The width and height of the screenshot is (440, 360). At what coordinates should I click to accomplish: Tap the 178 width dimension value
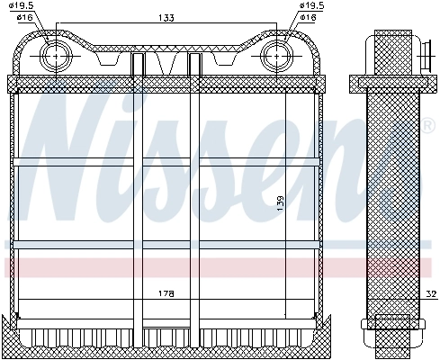click(x=164, y=294)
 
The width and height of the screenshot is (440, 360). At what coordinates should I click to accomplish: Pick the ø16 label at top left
click(x=24, y=17)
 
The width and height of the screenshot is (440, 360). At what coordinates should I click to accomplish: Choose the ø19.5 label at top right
click(x=309, y=6)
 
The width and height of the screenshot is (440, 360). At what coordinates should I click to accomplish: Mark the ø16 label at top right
click(x=309, y=17)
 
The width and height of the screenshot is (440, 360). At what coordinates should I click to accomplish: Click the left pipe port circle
click(x=57, y=53)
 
